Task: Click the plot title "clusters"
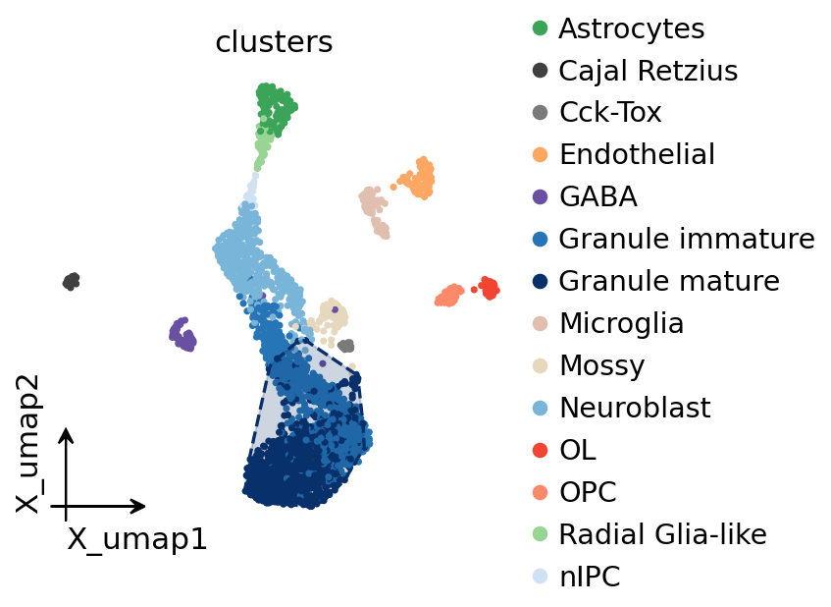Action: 274,42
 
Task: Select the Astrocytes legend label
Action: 632,28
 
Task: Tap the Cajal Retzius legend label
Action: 649,71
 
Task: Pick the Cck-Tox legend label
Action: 610,112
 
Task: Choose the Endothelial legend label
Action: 637,154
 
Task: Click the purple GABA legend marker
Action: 540,196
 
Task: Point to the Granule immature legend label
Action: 687,239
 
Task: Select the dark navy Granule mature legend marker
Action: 540,281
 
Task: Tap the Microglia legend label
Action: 622,323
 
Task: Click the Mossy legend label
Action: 602,365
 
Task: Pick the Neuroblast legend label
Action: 635,408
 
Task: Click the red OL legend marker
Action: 540,450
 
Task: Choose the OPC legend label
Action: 589,492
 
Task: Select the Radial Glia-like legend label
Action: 663,533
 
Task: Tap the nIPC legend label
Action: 590,577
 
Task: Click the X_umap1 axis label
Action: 136,540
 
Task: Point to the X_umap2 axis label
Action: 27,444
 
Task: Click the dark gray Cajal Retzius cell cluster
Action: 71,281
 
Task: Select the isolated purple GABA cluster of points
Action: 182,335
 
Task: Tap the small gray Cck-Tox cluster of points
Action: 346,346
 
